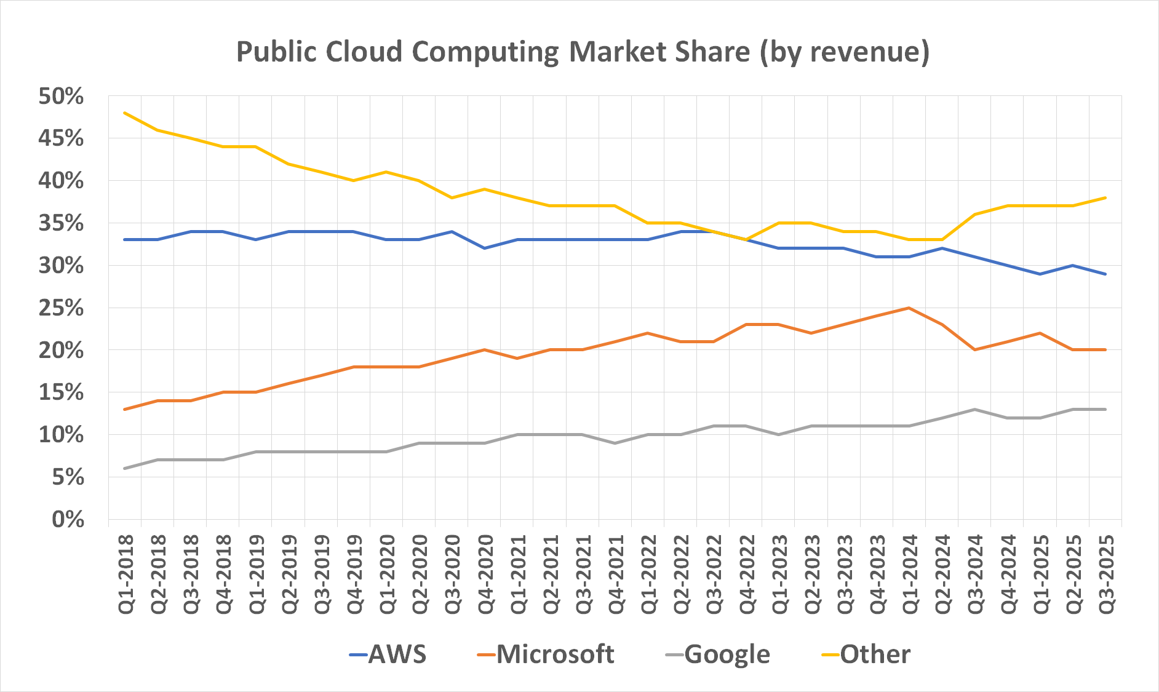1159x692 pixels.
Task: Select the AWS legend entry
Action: pos(388,654)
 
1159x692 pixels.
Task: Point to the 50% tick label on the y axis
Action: pos(61,97)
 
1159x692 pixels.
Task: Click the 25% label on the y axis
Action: pos(61,308)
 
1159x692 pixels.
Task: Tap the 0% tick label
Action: pos(68,520)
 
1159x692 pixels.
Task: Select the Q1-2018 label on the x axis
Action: pos(125,574)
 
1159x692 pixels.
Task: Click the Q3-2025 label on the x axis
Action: pos(1106,574)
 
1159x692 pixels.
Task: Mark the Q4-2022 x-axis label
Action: pos(747,574)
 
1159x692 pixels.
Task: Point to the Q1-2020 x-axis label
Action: pos(387,574)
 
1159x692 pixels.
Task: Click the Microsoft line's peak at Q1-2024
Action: pos(909,308)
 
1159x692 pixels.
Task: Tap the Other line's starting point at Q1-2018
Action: pos(125,113)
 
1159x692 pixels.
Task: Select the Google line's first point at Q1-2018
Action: pos(125,469)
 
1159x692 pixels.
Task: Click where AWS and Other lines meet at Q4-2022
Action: pos(746,239)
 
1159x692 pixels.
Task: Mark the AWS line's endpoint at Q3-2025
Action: pos(1105,274)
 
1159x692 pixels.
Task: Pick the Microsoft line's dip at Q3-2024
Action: pos(975,350)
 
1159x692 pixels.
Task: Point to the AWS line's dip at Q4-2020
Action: pos(485,248)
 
